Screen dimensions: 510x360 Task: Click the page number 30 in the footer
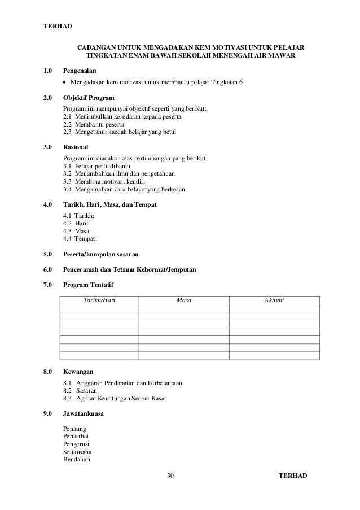[x=171, y=476]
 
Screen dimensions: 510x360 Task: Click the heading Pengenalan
[x=80, y=71]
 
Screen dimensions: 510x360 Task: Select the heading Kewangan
[x=78, y=372]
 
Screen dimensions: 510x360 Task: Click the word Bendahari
[x=77, y=459]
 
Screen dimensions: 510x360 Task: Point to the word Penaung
[x=75, y=429]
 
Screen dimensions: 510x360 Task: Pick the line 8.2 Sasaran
[x=80, y=390]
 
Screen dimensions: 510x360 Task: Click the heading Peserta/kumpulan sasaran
[x=101, y=255]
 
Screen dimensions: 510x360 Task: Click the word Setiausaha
[x=77, y=452]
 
